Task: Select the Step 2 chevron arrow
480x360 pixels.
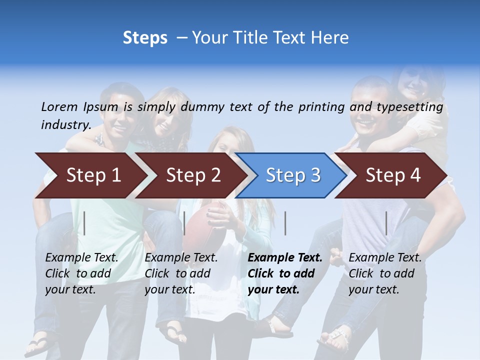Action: pos(193,175)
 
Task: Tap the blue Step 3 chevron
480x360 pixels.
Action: pos(292,175)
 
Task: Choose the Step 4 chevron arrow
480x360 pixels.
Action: pos(392,175)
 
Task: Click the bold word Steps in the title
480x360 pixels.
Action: pos(145,38)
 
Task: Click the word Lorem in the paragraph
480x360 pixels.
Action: pos(59,106)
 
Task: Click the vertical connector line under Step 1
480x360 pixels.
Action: pos(84,223)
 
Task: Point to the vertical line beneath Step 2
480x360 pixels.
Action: pos(184,223)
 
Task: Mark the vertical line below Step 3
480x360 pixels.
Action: pos(285,223)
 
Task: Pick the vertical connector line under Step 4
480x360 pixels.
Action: pos(386,223)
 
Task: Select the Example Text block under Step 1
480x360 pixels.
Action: pos(81,273)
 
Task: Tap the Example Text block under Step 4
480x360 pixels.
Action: pos(385,273)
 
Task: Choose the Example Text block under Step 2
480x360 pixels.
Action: pos(181,273)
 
